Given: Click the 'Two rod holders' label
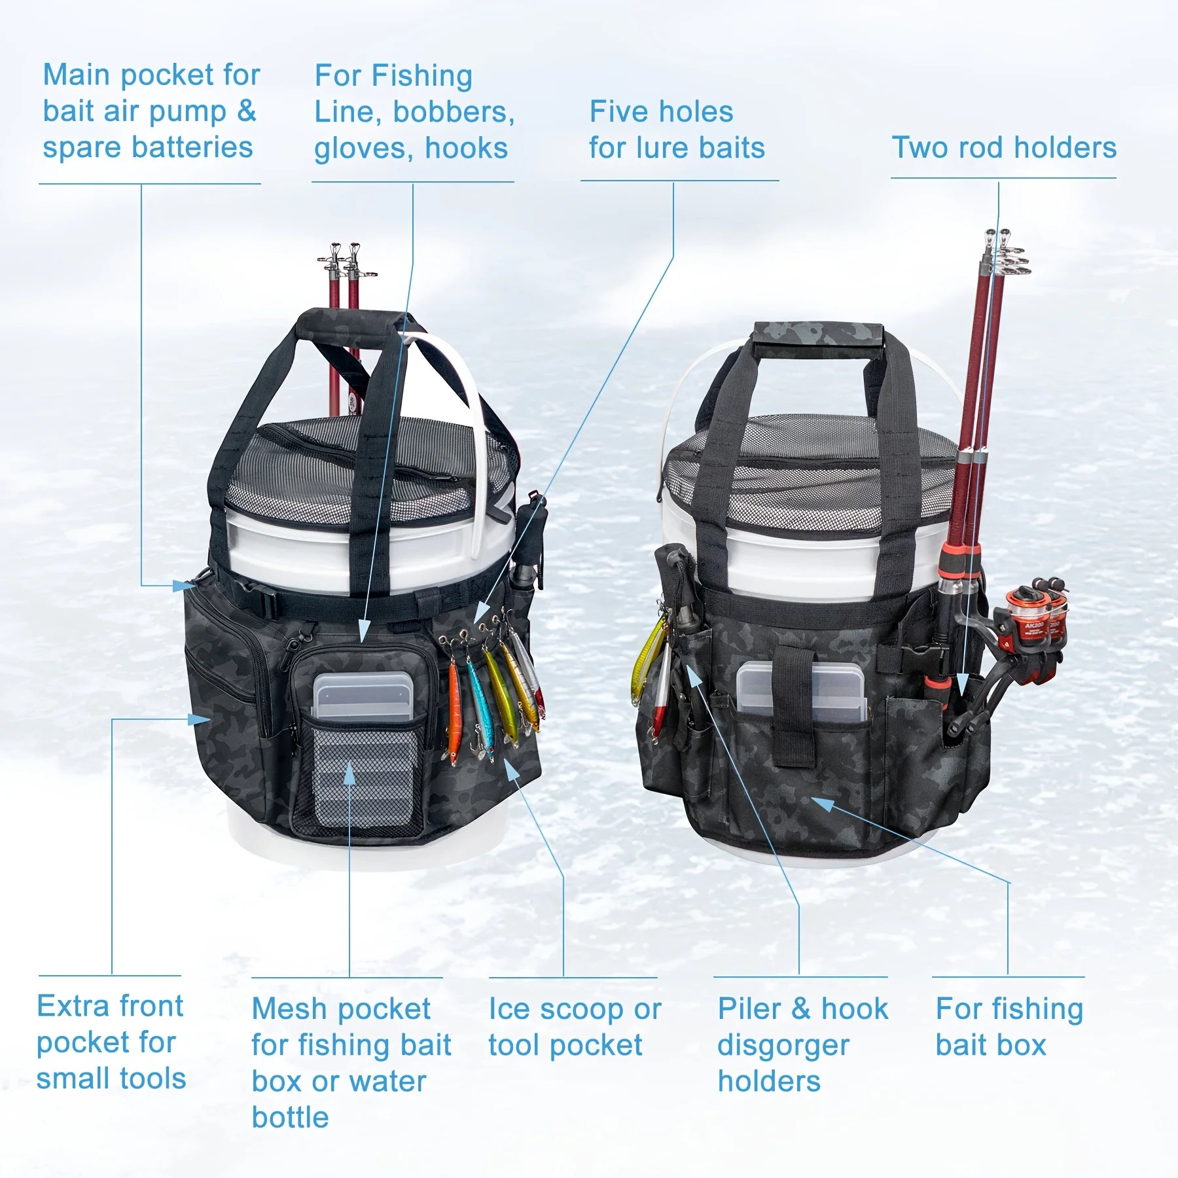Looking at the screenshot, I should [x=1004, y=148].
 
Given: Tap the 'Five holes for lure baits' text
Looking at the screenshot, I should [x=677, y=130].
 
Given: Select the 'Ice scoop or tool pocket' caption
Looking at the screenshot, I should [x=575, y=1027].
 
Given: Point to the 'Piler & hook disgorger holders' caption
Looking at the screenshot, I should [x=802, y=1044].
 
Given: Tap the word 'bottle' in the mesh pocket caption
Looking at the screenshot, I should [x=290, y=1117].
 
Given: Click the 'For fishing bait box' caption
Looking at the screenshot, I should [x=1008, y=1027].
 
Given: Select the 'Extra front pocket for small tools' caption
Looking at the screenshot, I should [x=111, y=1042].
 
